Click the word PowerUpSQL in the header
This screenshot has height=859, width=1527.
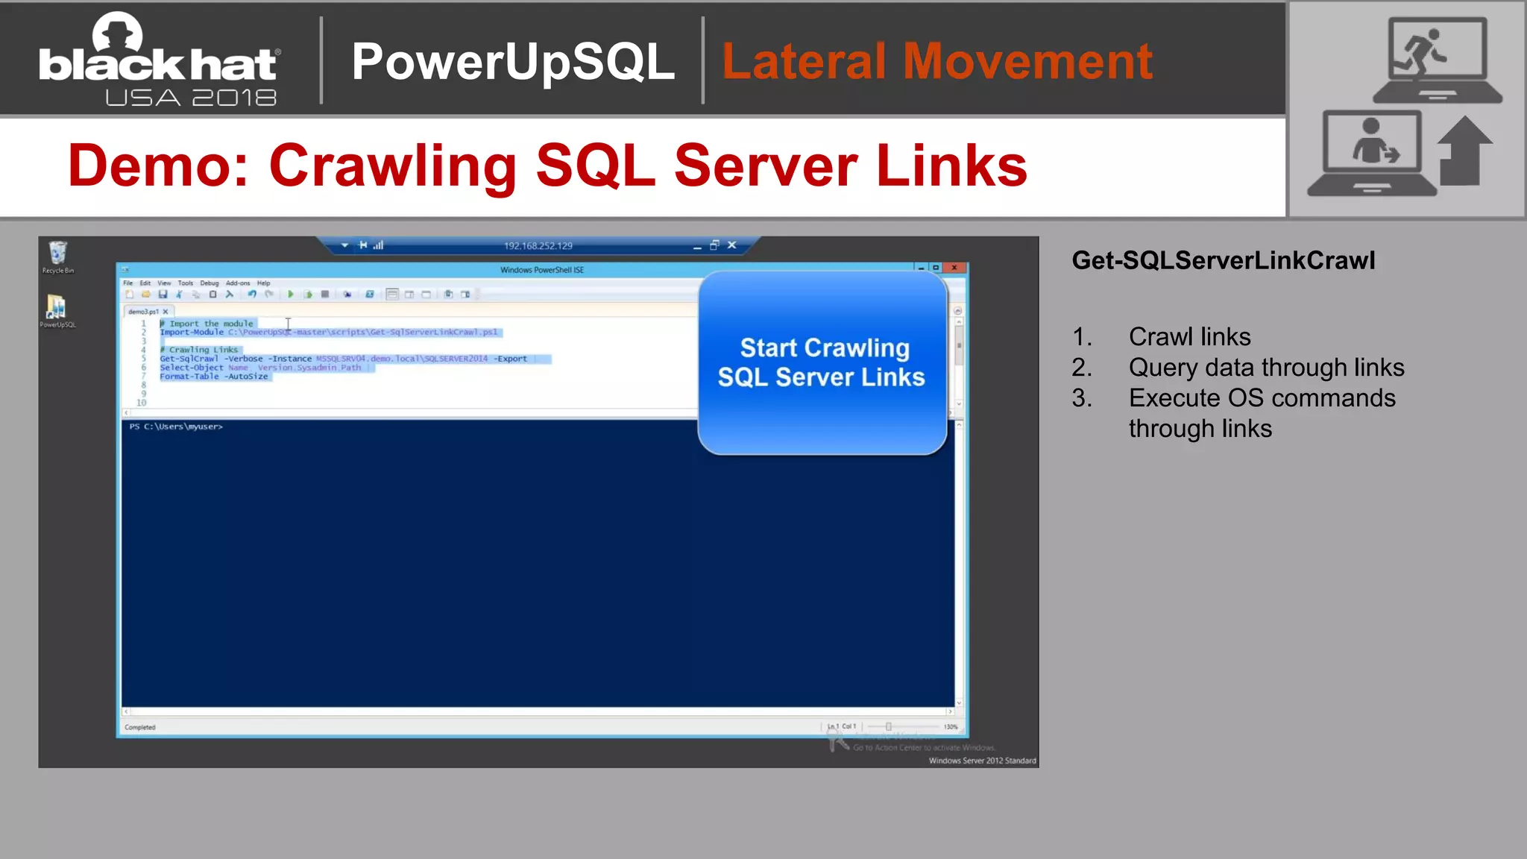coord(513,61)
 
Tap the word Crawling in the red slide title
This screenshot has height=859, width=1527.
coord(392,166)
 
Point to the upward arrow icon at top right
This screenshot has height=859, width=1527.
coord(1464,151)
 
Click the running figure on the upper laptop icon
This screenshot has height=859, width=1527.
coord(1423,51)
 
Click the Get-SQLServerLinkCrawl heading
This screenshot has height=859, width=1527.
coord(1223,260)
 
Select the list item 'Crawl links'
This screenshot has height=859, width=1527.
coord(1189,337)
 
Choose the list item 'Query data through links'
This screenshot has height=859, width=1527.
coord(1266,368)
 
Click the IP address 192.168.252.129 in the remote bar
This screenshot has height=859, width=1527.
coord(538,246)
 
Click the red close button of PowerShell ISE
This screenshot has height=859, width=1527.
coord(954,268)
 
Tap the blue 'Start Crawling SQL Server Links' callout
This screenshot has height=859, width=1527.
coord(822,362)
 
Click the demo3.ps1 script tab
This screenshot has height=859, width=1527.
coord(143,312)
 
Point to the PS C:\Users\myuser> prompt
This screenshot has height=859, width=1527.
coord(176,427)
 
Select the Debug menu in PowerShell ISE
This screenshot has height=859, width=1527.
coord(209,283)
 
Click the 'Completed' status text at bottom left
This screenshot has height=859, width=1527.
coord(140,727)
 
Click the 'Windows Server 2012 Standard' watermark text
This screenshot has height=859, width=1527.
coord(982,761)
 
